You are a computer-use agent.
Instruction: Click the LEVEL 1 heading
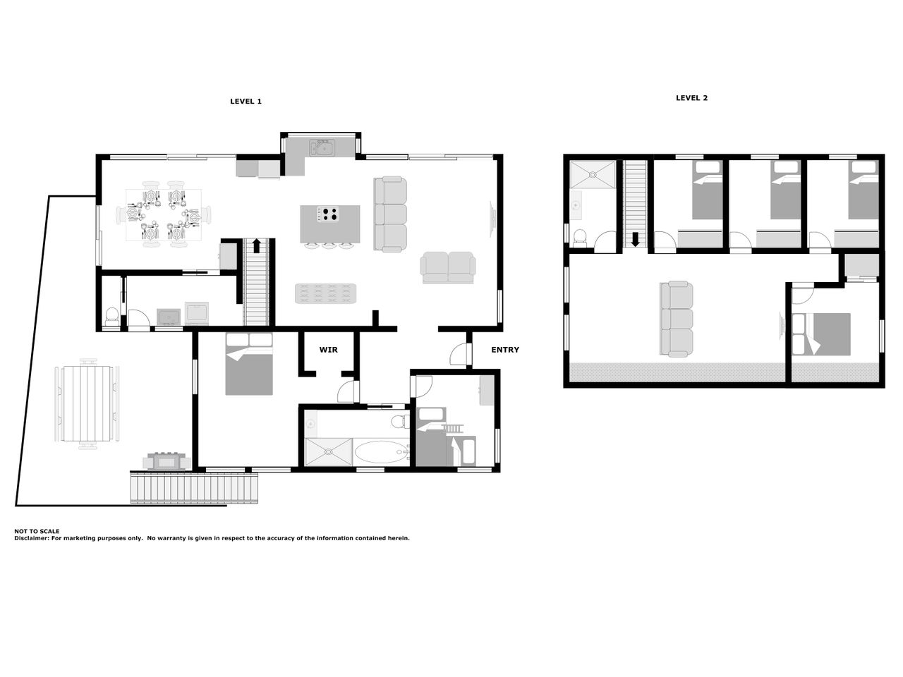tap(246, 102)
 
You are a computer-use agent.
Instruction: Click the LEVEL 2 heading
tap(691, 98)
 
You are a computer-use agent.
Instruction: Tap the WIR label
tap(328, 350)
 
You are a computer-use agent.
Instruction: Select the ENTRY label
tap(505, 350)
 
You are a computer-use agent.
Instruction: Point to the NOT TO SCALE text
tap(37, 531)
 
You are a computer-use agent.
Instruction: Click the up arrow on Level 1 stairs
tap(256, 245)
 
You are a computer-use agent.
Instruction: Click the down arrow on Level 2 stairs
tap(635, 240)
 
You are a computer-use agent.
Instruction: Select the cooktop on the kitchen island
tap(327, 214)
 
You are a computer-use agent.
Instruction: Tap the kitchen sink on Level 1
tap(322, 147)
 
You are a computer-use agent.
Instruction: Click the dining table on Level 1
tap(164, 214)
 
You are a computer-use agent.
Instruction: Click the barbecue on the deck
tap(166, 461)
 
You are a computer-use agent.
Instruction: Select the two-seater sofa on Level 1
tap(447, 267)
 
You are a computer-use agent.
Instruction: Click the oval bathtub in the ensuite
tap(381, 452)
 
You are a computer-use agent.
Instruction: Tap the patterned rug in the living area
tap(325, 293)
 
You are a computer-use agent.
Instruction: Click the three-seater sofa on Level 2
tap(676, 319)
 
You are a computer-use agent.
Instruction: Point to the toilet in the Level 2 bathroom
tap(580, 238)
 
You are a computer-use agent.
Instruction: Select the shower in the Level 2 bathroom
tap(593, 175)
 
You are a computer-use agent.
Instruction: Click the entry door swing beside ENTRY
tap(461, 354)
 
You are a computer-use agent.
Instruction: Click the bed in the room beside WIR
tap(249, 364)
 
